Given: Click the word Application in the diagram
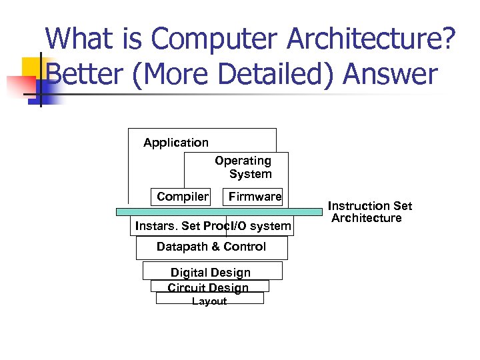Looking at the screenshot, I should pyautogui.click(x=176, y=143).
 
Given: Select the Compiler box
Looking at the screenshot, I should pyautogui.click(x=182, y=196).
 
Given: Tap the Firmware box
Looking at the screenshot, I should pyautogui.click(x=255, y=196).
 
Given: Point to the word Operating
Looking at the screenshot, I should pyautogui.click(x=243, y=161).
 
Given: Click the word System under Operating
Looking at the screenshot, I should pyautogui.click(x=250, y=174).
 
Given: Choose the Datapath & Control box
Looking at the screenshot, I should pyautogui.click(x=211, y=247).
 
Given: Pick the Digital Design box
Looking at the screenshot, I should pyautogui.click(x=211, y=271).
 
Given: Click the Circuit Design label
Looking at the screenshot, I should pyautogui.click(x=209, y=287).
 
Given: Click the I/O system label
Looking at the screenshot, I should pyautogui.click(x=260, y=226).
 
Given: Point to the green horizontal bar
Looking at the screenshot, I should pyautogui.click(x=219, y=211).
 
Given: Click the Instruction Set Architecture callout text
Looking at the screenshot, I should pyautogui.click(x=369, y=212).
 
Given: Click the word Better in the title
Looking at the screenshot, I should pyautogui.click(x=84, y=75).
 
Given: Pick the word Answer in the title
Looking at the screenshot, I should pyautogui.click(x=391, y=75).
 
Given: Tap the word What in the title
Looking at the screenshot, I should pyautogui.click(x=78, y=39).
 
